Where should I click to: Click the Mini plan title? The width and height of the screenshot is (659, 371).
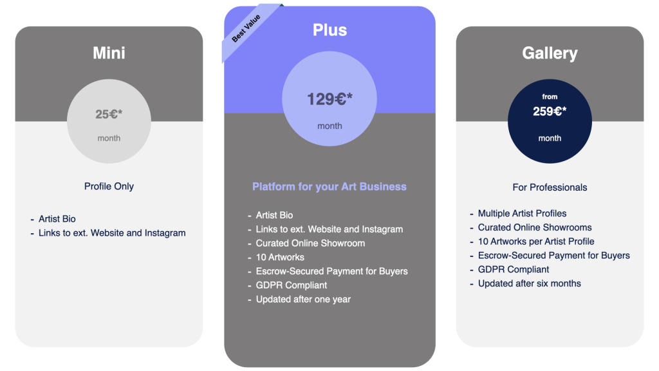(x=109, y=53)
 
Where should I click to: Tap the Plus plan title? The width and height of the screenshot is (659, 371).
(x=330, y=30)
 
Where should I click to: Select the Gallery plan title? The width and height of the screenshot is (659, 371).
(x=550, y=53)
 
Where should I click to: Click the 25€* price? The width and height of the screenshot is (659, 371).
(x=109, y=114)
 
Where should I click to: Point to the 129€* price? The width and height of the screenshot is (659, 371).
(x=330, y=99)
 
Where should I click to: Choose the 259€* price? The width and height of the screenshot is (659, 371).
(x=550, y=111)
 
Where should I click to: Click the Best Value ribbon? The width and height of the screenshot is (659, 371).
(x=248, y=30)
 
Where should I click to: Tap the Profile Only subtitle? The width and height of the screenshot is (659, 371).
(x=109, y=186)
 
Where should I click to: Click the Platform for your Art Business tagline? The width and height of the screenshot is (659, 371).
(x=329, y=187)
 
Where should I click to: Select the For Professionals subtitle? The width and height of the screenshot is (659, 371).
(x=550, y=187)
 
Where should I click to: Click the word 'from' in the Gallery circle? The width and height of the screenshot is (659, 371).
(x=550, y=97)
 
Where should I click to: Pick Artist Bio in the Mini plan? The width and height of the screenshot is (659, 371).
(x=57, y=219)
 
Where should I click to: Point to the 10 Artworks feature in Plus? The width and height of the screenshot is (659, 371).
(x=280, y=258)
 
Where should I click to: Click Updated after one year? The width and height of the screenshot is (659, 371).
(x=303, y=300)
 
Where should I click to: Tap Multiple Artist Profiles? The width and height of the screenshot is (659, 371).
(x=522, y=214)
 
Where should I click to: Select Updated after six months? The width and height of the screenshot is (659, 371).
(x=529, y=283)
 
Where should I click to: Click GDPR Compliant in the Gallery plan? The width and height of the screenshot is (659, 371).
(x=513, y=270)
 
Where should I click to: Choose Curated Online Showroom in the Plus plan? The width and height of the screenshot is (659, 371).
(x=310, y=243)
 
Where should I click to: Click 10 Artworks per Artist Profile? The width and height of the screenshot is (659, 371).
(x=536, y=242)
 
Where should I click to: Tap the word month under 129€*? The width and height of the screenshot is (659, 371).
(x=330, y=126)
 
